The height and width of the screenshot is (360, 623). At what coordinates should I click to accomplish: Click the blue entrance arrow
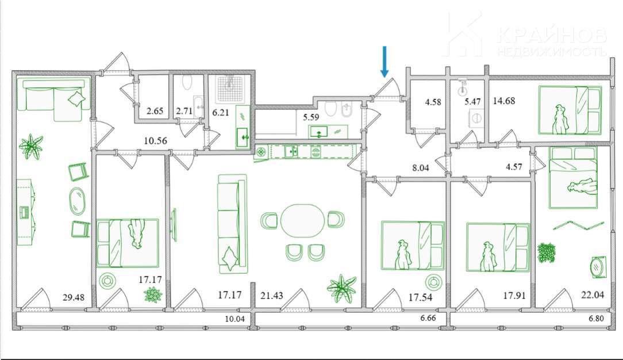point(384,61)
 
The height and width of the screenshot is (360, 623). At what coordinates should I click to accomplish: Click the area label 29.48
point(74,297)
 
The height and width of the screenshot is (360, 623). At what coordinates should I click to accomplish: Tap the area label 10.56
point(155,141)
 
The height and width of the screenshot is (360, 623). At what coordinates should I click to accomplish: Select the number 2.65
point(155,111)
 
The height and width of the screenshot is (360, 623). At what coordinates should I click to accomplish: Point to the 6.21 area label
point(221,113)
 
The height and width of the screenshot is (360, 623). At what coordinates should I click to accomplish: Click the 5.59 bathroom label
point(311,117)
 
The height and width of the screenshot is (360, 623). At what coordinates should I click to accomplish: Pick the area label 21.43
point(272,296)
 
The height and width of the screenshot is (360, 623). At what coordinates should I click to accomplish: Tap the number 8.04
point(420,168)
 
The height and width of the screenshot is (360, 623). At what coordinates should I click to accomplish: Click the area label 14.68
point(504,101)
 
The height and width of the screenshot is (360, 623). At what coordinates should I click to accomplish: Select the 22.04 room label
point(593,295)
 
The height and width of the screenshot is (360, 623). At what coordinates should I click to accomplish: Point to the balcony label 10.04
point(235,319)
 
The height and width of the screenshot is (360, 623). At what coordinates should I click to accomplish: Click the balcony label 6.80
point(597,319)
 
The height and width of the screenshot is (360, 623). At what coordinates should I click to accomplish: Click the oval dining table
point(302,221)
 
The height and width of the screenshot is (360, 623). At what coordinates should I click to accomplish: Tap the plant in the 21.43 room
point(341,289)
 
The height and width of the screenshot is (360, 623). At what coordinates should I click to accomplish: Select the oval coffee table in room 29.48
point(78,201)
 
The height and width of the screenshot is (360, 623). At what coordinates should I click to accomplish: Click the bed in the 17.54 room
point(413,246)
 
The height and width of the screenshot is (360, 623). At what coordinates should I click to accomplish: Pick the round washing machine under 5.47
point(476,118)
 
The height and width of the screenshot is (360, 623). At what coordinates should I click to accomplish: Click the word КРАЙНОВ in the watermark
point(552,35)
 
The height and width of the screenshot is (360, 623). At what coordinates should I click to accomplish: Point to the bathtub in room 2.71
point(198,106)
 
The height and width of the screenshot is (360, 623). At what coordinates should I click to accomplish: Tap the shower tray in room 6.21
point(229,91)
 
